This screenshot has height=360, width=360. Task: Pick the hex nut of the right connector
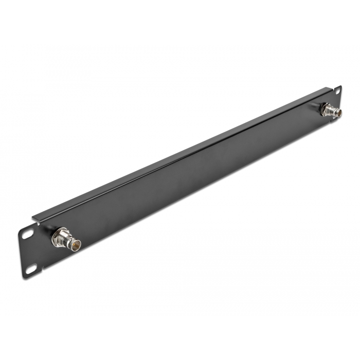[x=323, y=108]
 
